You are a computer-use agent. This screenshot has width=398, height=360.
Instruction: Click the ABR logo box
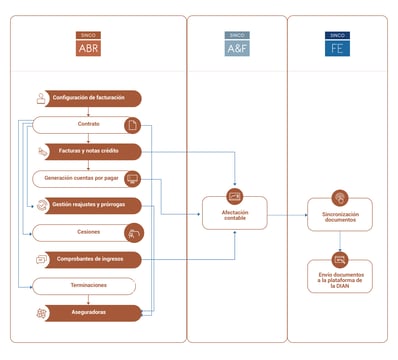click(x=88, y=43)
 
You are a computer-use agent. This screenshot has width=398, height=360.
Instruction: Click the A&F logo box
click(x=237, y=43)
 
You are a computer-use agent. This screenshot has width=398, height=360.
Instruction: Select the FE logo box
click(x=339, y=43)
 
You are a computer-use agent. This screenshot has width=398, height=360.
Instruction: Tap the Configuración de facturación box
click(x=87, y=98)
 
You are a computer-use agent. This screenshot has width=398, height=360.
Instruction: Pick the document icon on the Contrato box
click(x=131, y=125)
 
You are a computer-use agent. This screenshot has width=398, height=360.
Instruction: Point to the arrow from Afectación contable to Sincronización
click(x=289, y=214)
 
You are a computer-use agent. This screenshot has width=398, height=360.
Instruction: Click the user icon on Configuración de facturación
click(x=41, y=98)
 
